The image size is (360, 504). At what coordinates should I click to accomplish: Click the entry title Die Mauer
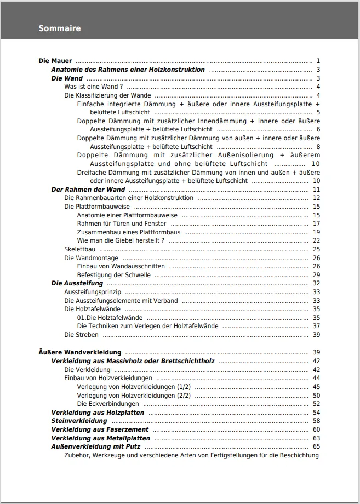point(55,61)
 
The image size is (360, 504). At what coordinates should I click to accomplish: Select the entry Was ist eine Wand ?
point(93,87)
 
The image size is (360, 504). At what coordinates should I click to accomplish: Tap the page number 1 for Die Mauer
point(318,61)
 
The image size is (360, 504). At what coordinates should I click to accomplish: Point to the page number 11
point(316,190)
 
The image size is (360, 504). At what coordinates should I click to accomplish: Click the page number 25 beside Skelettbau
point(316,249)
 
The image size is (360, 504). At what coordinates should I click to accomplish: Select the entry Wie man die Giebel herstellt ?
point(121,240)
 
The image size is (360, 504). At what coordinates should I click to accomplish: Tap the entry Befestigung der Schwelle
point(113,275)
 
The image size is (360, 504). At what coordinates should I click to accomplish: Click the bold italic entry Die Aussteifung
point(77,283)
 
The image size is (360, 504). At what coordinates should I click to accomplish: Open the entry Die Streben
point(81,335)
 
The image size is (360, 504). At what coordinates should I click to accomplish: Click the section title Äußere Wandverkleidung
point(80,352)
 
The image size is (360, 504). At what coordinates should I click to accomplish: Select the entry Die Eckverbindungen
point(108,404)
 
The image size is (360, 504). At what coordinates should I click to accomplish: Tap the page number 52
point(316,404)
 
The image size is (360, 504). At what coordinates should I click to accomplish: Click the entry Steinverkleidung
point(79,421)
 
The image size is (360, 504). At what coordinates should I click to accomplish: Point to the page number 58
point(316,421)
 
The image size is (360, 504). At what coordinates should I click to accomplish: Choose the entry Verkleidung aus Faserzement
point(93,429)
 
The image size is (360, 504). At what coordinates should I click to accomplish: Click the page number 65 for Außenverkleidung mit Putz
point(316,446)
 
